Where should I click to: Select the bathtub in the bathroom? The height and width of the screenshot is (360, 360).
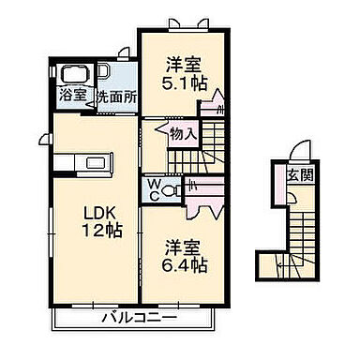click(x=72, y=74)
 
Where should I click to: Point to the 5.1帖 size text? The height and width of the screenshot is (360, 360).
click(x=185, y=83)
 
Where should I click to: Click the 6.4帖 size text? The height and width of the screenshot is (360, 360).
click(x=184, y=265)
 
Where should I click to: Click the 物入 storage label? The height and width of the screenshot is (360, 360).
click(x=183, y=135)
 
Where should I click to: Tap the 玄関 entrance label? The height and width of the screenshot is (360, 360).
click(x=301, y=176)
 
